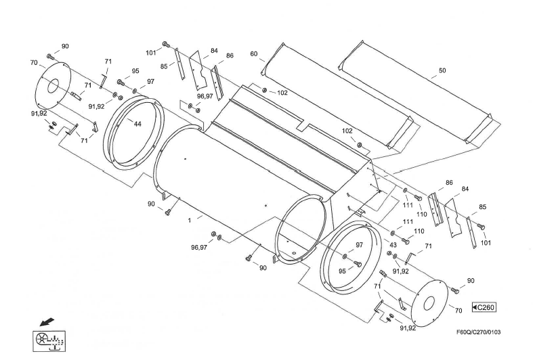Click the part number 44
tap(137, 124)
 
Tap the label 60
tap(254, 53)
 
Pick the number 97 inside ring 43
tap(360, 246)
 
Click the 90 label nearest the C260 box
tap(470, 281)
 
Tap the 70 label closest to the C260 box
tap(459, 311)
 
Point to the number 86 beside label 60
tap(230, 55)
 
